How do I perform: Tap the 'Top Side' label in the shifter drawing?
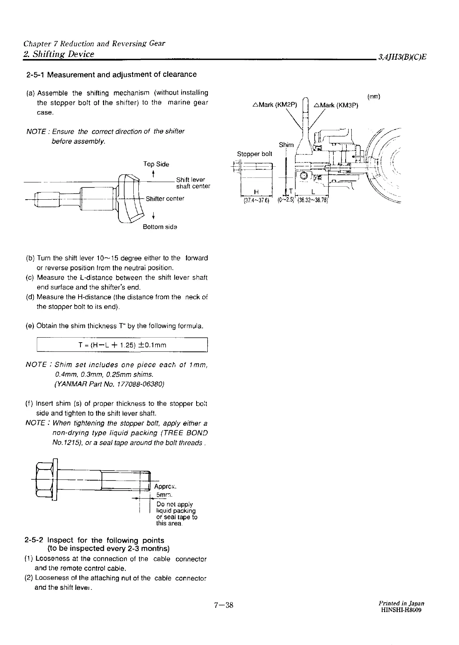pos(156,164)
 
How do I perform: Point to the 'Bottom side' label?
pos(160,227)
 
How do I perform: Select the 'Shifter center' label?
pos(165,199)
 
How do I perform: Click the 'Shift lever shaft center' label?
pos(193,183)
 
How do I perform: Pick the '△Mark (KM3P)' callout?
pos(335,105)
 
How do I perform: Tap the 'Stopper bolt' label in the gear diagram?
pos(254,154)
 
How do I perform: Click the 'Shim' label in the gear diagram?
pos(286,145)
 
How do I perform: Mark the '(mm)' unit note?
pos(374,97)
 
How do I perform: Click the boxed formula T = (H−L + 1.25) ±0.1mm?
pos(122,345)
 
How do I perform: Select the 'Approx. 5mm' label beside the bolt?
pos(165,491)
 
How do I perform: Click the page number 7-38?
pos(224,605)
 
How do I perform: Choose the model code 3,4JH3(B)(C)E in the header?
pos(402,57)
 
